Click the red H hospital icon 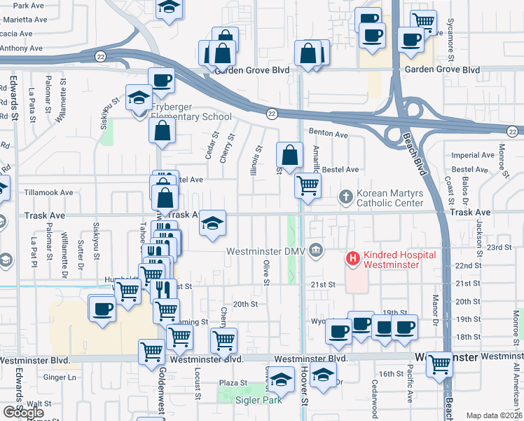tap(352, 259)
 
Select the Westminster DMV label tap(267, 250)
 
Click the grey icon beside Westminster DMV tap(317, 250)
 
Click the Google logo tap(23, 413)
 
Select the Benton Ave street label tap(329, 134)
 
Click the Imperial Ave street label tap(469, 155)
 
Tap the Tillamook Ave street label tap(47, 192)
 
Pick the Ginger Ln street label tap(59, 377)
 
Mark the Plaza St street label tap(230, 382)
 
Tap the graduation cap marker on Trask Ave tap(212, 225)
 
